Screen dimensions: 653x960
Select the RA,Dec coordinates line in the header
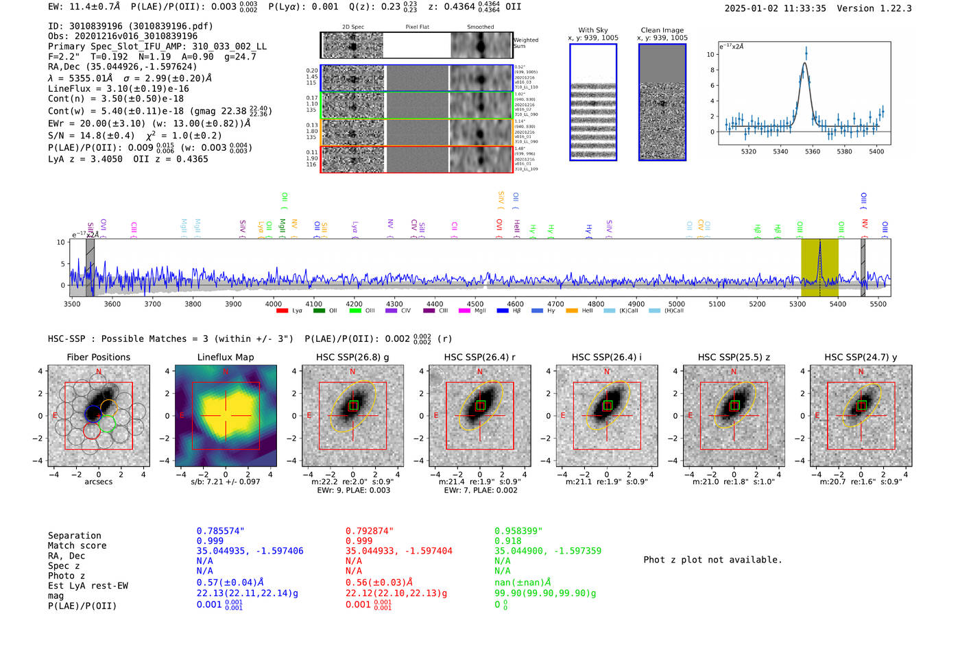122,66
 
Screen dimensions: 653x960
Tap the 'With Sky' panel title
592,30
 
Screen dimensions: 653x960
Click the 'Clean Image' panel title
662,30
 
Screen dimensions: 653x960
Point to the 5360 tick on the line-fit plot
812,151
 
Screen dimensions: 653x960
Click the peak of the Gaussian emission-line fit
805,64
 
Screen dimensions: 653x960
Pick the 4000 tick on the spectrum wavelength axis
273,304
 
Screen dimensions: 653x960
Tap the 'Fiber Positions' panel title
98,357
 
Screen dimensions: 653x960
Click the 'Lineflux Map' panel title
226,357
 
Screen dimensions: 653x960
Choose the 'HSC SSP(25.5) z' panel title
734,357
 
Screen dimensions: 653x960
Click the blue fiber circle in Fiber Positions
93,414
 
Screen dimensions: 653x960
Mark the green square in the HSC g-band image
353,406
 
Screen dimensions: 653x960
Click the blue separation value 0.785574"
220,531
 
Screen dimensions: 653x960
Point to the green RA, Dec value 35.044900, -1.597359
548,551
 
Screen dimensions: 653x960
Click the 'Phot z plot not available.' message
712,560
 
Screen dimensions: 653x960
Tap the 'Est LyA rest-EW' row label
88,586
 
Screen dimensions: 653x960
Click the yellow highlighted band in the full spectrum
819,267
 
